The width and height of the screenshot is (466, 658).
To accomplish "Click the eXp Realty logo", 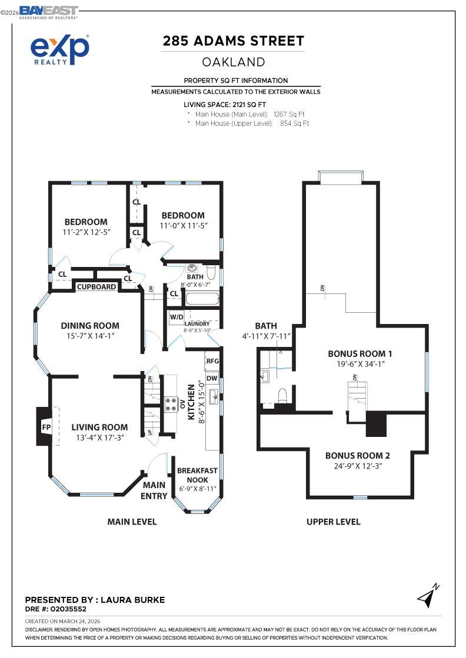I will pyautogui.click(x=60, y=49).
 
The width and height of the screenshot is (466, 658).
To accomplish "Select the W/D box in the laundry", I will pyautogui.click(x=176, y=318).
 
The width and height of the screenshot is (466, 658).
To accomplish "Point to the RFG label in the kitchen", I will pyautogui.click(x=212, y=361).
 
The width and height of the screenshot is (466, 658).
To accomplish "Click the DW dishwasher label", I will pyautogui.click(x=212, y=378).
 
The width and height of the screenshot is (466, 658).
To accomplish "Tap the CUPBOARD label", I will pyautogui.click(x=96, y=286).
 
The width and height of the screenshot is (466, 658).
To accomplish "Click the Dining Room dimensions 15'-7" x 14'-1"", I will pyautogui.click(x=90, y=336).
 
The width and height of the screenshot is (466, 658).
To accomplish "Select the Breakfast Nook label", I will pyautogui.click(x=197, y=475).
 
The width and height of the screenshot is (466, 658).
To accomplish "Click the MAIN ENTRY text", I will pyautogui.click(x=154, y=490).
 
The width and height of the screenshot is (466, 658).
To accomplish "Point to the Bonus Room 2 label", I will pyautogui.click(x=357, y=455).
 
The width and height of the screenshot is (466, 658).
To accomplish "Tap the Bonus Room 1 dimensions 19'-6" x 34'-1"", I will pyautogui.click(x=360, y=365).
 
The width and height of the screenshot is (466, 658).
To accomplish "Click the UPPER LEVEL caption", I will pyautogui.click(x=333, y=522).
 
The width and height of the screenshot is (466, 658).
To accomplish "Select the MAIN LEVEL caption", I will pyautogui.click(x=132, y=522).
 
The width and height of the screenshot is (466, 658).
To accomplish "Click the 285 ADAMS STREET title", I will pyautogui.click(x=234, y=41).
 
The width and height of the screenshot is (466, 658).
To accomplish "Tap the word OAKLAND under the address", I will pyautogui.click(x=234, y=62).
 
